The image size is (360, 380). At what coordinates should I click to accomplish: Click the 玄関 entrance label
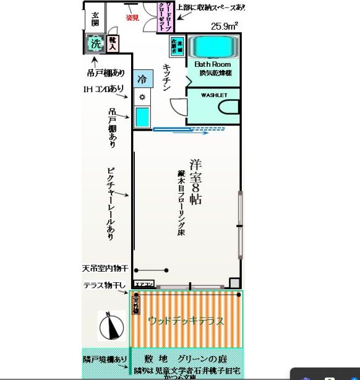click(95, 19)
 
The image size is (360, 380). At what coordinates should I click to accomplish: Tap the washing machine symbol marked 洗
click(95, 43)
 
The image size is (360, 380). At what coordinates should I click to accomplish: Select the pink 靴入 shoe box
click(113, 43)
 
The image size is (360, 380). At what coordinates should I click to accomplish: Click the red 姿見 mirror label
click(132, 17)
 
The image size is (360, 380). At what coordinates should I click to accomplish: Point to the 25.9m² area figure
click(225, 27)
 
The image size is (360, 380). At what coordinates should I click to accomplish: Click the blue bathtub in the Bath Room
click(212, 47)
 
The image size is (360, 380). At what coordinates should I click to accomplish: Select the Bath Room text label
click(212, 64)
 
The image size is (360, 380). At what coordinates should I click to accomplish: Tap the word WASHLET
click(214, 95)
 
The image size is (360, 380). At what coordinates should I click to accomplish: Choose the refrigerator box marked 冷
click(142, 79)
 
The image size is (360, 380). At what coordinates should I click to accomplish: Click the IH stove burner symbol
click(142, 97)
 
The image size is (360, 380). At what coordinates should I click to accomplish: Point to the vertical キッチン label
click(166, 77)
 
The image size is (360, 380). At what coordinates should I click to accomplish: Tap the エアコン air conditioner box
click(144, 285)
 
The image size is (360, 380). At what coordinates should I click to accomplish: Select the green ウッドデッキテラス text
click(186, 321)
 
